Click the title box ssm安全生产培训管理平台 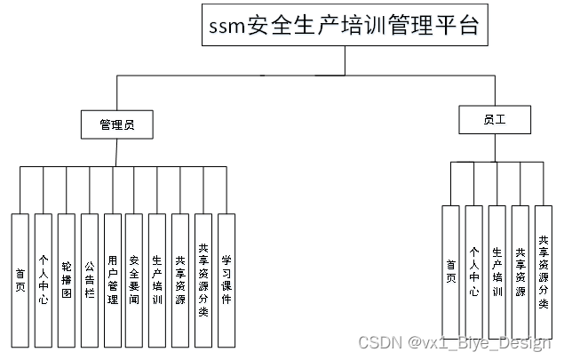344,26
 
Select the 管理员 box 117,124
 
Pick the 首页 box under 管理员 20,280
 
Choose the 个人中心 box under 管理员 44,280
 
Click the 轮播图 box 67,280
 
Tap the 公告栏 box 90,280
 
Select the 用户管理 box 112,280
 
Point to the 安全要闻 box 134,280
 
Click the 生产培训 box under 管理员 157,280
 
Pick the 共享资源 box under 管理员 180,280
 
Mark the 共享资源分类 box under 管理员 203,280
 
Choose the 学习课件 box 226,280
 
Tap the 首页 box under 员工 451,272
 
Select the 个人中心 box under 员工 474,272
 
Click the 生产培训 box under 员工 497,272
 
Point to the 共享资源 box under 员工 520,272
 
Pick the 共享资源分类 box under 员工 544,272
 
